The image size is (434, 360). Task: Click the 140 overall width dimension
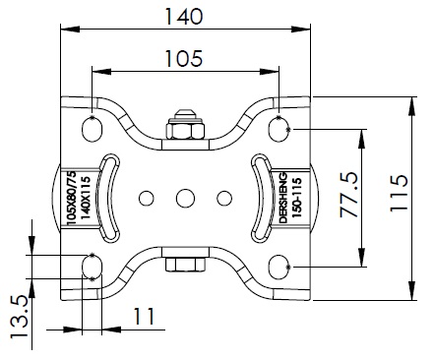(x=184, y=17)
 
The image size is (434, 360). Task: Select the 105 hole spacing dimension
(x=184, y=58)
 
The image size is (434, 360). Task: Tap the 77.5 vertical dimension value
(x=348, y=199)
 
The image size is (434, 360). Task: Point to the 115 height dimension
(x=399, y=194)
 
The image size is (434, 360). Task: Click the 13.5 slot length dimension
(x=19, y=317)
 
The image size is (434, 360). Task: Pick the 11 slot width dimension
(x=144, y=317)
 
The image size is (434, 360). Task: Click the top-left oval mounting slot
(x=92, y=129)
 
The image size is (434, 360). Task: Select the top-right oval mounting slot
(x=279, y=129)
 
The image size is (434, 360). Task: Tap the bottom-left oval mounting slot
(x=93, y=267)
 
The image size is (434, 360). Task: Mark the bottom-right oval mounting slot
(x=279, y=267)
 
